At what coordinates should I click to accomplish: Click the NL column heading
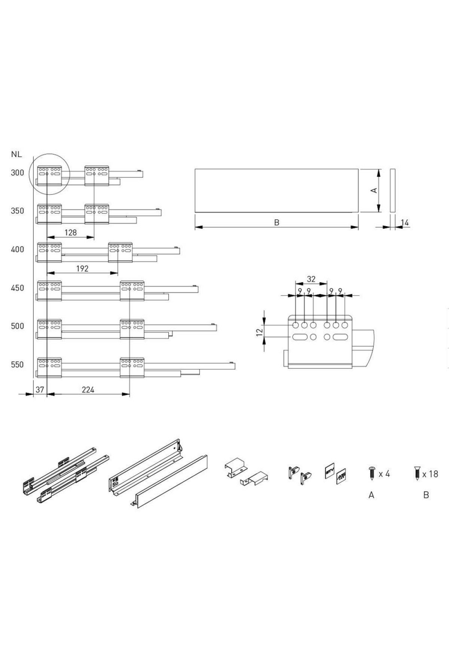[16, 154]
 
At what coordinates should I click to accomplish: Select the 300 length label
[17, 173]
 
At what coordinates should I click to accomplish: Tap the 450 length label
[17, 288]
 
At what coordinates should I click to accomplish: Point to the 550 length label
[17, 364]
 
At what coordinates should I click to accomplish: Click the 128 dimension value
[70, 233]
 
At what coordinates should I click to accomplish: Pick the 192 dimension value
[82, 268]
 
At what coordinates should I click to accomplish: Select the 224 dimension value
[88, 390]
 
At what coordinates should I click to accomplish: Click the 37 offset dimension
[40, 390]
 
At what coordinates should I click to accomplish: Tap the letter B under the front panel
[277, 222]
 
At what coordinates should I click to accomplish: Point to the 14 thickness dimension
[405, 223]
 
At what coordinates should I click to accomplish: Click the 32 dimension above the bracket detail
[311, 279]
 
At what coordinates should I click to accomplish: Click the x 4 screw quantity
[384, 474]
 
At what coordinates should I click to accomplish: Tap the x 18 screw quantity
[430, 474]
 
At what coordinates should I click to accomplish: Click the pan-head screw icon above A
[372, 473]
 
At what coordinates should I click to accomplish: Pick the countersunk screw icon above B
[418, 473]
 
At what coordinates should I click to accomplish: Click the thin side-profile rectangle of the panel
[393, 191]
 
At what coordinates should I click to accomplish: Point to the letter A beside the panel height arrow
[373, 191]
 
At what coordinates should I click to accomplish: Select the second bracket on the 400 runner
[120, 252]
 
